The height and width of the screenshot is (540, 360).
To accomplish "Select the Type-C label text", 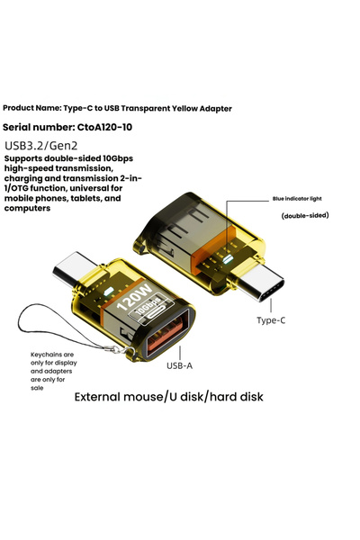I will click(272, 320).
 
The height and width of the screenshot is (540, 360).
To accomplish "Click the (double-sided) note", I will click(305, 216).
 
